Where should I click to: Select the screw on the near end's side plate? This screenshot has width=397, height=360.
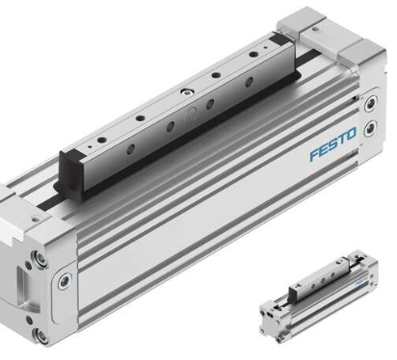(x=66, y=282)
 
